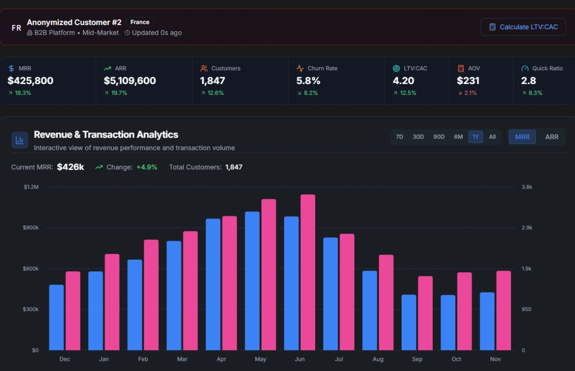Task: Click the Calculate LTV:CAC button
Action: point(523,27)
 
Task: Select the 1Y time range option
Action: point(475,137)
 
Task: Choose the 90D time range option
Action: point(439,137)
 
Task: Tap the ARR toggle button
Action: point(552,137)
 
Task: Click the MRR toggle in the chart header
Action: point(522,137)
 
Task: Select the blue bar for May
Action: point(252,281)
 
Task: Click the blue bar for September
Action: point(409,322)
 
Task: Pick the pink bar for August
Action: point(386,302)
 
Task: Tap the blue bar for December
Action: point(56,317)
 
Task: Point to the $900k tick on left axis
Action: point(31,227)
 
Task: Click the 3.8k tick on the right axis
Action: point(527,187)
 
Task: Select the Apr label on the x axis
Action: point(221,359)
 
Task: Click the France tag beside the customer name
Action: point(140,22)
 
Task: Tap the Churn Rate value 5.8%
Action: point(308,81)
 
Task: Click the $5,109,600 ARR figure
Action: point(129,81)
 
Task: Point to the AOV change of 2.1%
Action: point(470,93)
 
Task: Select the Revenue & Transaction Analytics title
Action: point(106,135)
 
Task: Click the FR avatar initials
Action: point(16,28)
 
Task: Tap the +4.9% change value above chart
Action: point(147,167)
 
